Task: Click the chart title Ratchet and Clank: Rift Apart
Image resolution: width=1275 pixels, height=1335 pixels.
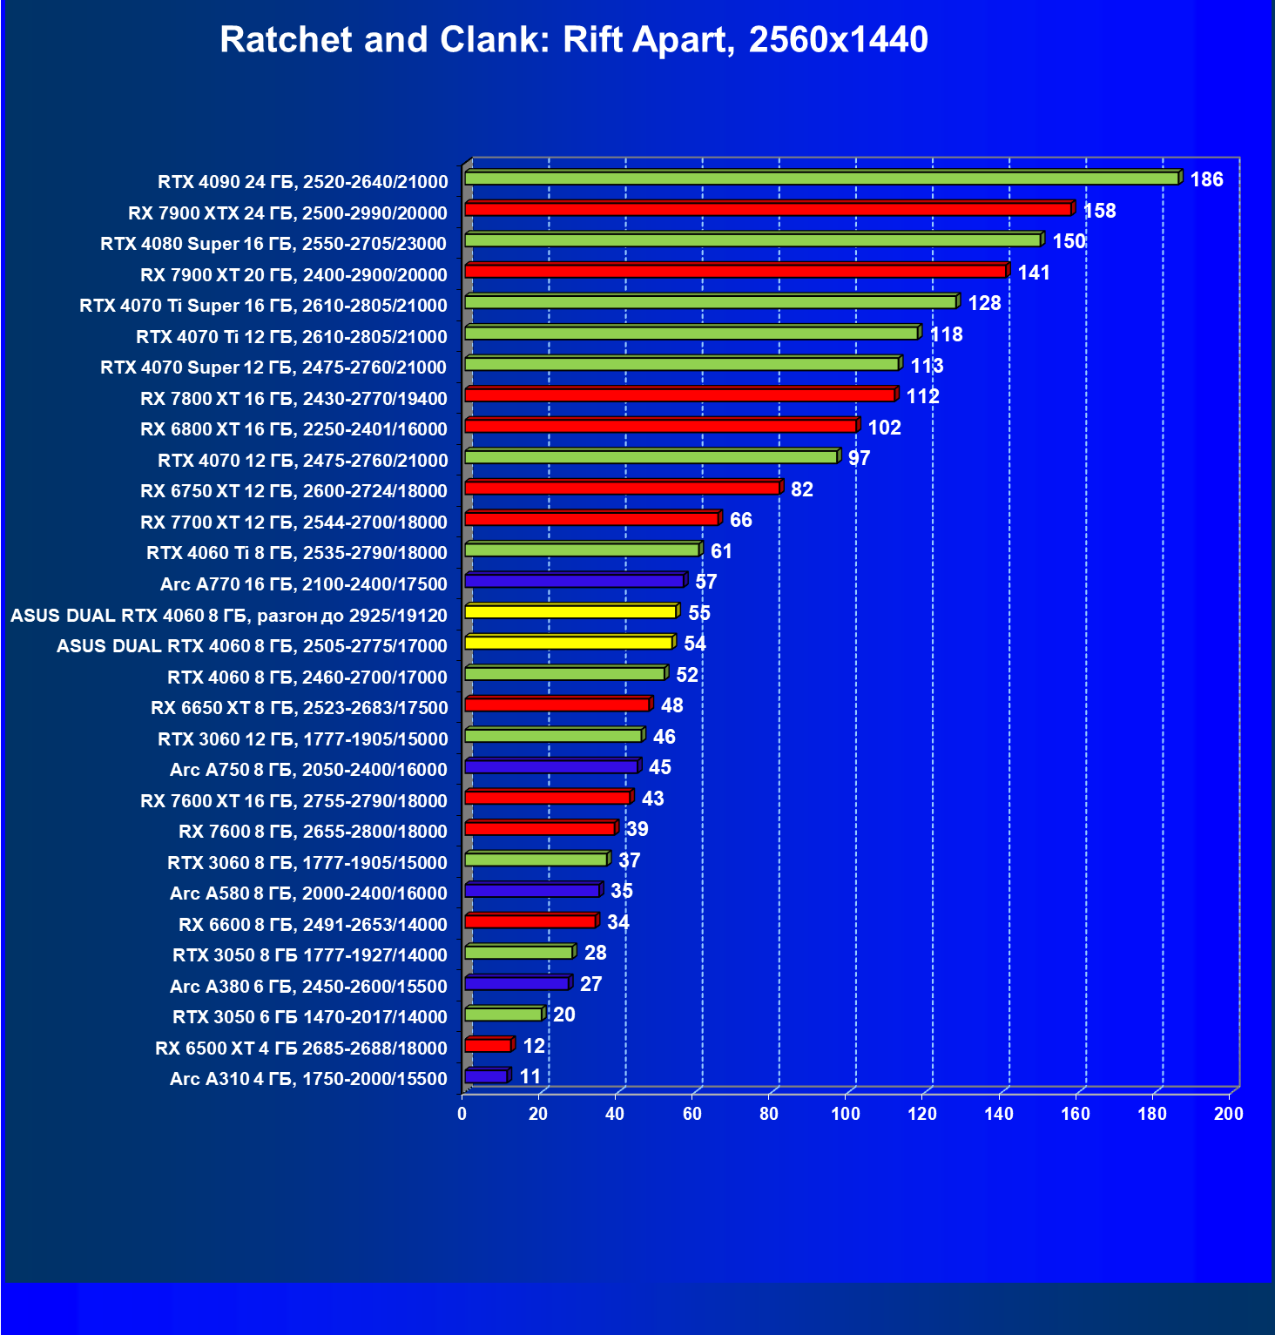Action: point(573,40)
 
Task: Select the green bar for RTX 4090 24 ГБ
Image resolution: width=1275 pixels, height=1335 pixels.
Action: point(821,179)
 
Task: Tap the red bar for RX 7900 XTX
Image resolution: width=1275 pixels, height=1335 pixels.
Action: point(767,209)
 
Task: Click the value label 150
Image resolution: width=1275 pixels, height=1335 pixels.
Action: point(1069,241)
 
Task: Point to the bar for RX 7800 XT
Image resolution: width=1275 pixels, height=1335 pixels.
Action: point(679,395)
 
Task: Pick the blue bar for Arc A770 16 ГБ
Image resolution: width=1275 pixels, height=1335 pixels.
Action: point(574,581)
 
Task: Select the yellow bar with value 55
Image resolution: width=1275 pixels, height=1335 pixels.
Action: point(570,612)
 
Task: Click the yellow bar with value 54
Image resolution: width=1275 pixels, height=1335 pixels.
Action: point(569,643)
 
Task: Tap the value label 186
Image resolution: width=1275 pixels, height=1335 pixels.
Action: point(1206,179)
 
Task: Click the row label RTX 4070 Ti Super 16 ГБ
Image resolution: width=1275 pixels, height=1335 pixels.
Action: point(263,306)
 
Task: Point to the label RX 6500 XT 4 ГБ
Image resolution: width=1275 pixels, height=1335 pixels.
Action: point(300,1048)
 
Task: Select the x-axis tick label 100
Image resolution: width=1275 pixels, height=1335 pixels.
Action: point(845,1114)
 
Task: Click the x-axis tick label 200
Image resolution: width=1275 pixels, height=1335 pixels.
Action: point(1228,1114)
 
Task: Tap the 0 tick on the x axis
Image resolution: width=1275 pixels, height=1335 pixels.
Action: point(462,1114)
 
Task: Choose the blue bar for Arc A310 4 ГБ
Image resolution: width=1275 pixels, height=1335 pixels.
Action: point(486,1076)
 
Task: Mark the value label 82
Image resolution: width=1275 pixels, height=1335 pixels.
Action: point(801,489)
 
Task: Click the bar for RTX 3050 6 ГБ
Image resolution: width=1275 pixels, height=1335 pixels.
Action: point(503,1015)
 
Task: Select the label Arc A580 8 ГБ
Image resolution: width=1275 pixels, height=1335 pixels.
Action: point(308,893)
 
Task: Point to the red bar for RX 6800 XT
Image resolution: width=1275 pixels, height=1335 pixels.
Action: point(660,426)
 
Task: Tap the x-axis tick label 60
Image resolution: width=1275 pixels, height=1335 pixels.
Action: point(691,1114)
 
